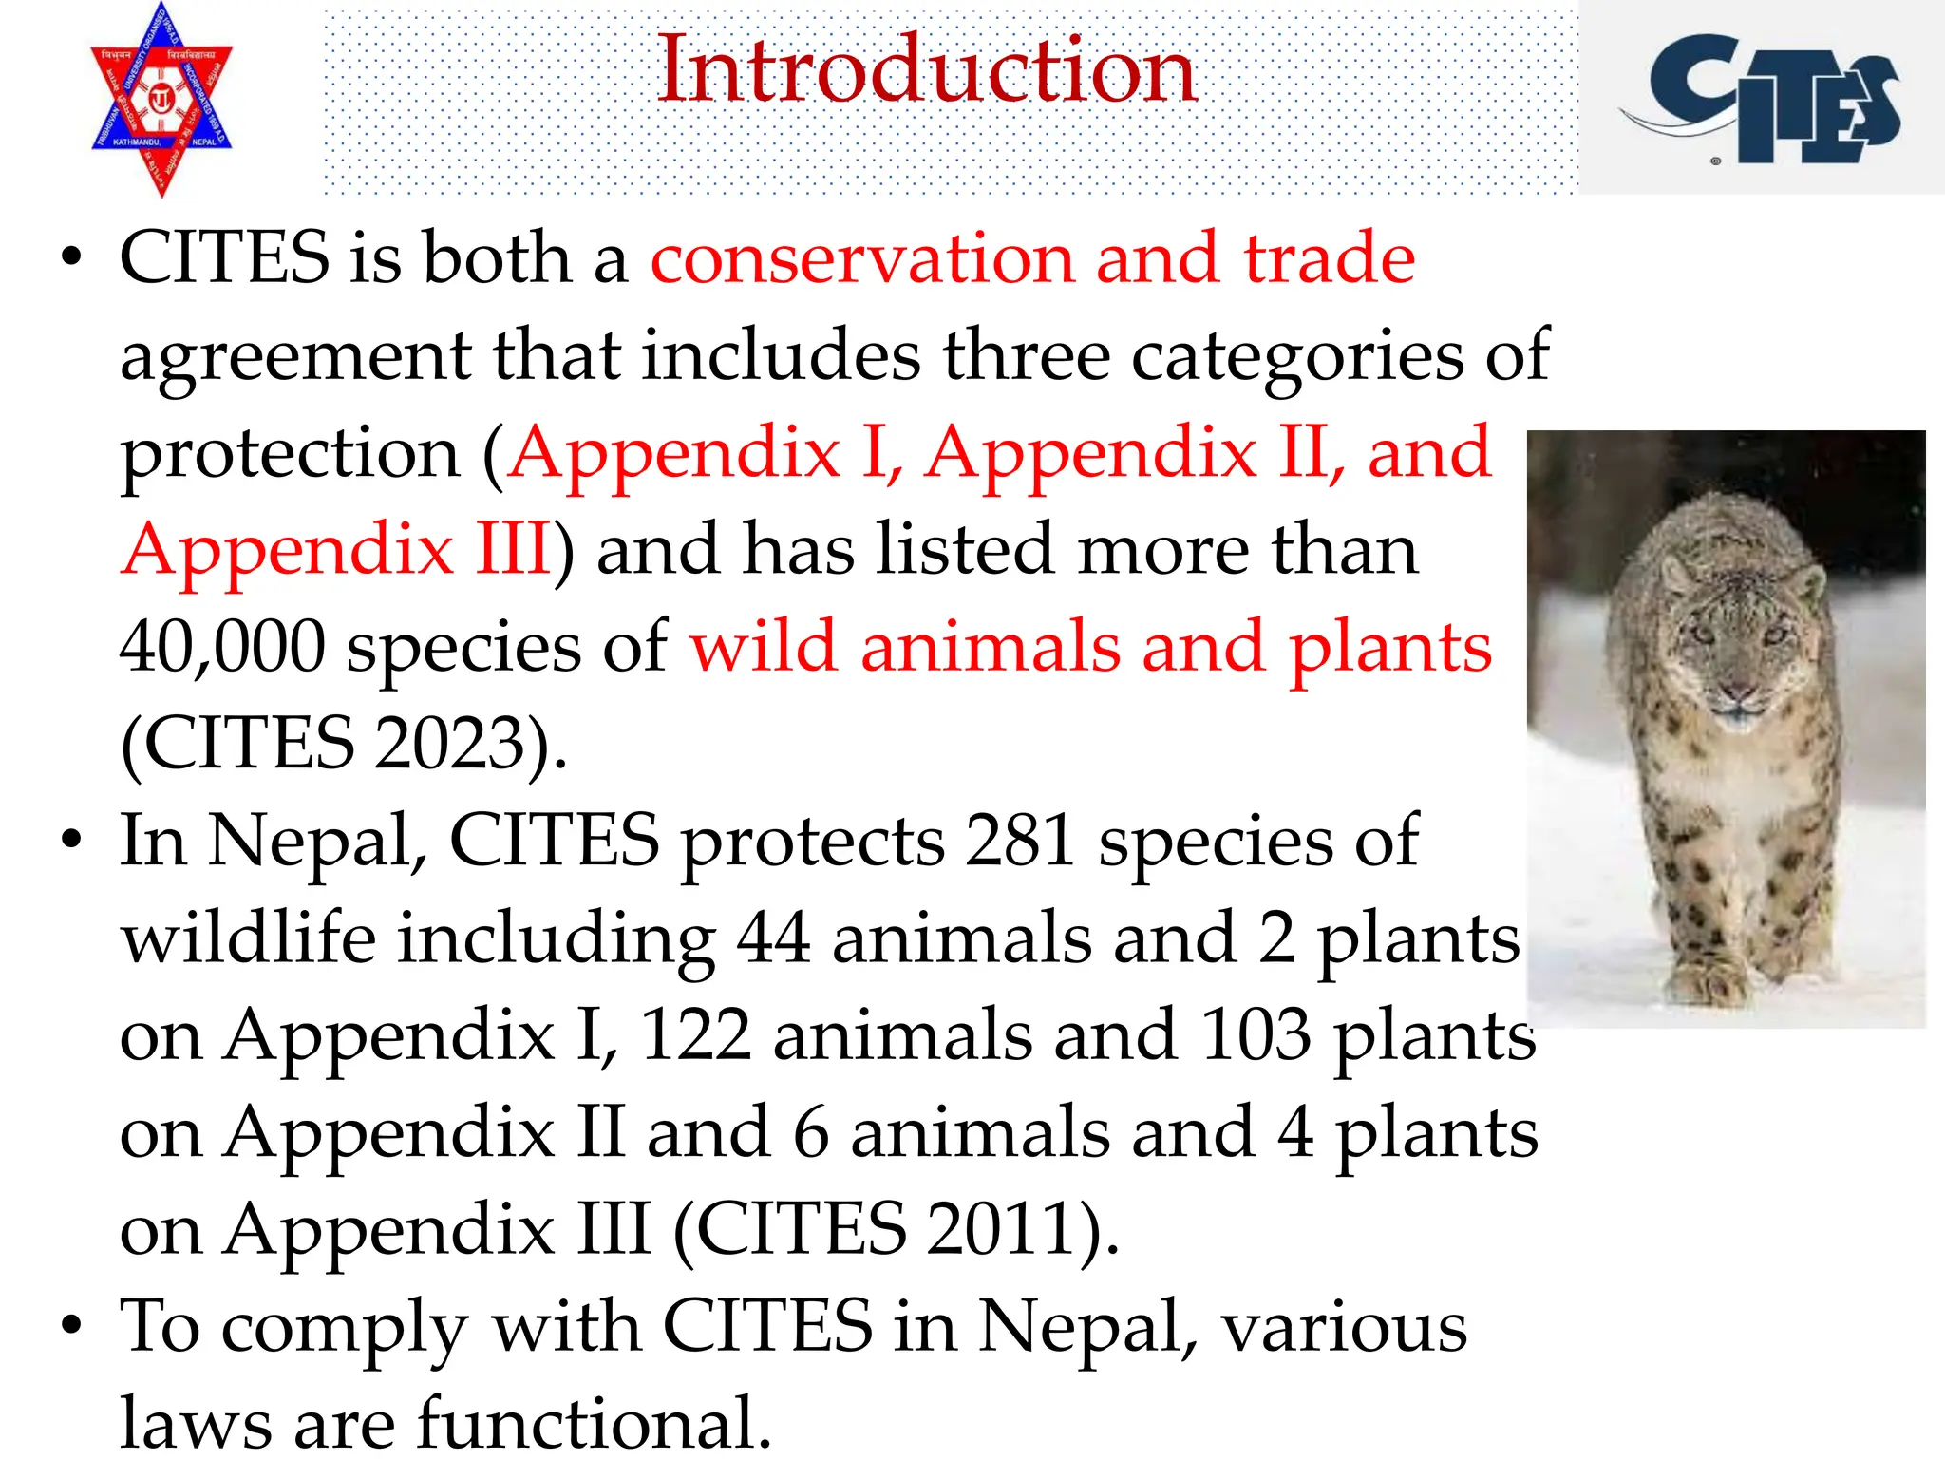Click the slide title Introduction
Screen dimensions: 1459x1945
[x=926, y=71]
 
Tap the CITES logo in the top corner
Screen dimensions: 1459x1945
[x=1762, y=100]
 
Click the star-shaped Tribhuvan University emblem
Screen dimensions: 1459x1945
[x=161, y=100]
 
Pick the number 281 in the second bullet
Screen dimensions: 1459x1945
[x=1019, y=842]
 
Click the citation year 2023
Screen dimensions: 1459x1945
[x=450, y=745]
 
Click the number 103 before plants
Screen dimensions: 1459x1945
[x=1255, y=1035]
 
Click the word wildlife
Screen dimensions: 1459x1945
[x=248, y=938]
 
